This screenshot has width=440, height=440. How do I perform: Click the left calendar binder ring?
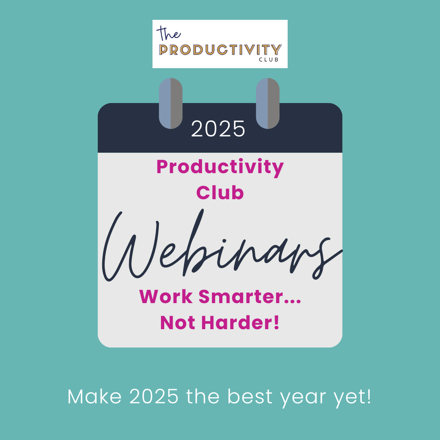(171, 103)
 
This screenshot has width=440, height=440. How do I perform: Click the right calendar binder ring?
(268, 103)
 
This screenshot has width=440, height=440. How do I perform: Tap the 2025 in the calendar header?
(218, 129)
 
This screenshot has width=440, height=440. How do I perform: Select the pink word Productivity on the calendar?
(220, 167)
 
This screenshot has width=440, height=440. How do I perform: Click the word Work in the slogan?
(166, 296)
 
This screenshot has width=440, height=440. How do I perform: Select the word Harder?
(240, 323)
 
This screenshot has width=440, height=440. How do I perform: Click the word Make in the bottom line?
(95, 396)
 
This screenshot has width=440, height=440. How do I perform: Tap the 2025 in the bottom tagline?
(154, 396)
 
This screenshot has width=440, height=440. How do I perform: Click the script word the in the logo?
(169, 34)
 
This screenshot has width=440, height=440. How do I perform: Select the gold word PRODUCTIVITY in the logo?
(220, 50)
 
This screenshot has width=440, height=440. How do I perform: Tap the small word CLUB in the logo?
(269, 59)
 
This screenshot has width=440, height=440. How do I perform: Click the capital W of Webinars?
(130, 247)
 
